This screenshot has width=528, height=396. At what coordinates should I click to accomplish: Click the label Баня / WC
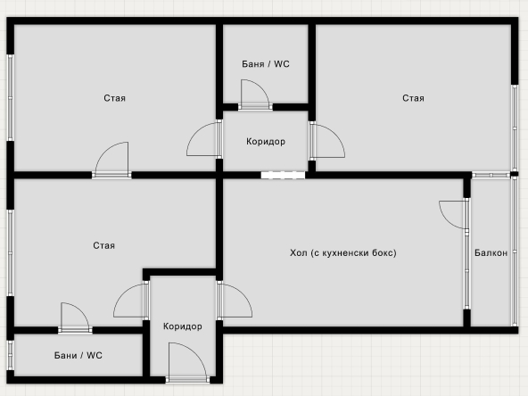coord(266,64)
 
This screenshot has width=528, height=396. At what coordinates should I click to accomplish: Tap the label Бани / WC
coord(78,355)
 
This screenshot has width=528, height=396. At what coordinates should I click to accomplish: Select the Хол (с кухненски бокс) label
coord(343,253)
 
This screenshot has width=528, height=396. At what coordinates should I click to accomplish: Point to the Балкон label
coord(491,252)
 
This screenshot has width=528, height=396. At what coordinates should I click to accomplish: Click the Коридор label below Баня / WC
coord(266,142)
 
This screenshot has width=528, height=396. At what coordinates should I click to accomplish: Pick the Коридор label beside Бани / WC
coord(183,326)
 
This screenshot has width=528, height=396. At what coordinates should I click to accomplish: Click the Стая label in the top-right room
coord(413,98)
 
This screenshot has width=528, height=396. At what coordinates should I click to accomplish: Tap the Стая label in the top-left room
coord(114,98)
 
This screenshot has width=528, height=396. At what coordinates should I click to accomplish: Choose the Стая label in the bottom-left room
coord(103,245)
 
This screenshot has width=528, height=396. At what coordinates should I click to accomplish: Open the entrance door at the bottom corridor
coord(187,362)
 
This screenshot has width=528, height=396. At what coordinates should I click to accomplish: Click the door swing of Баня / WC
coord(255,95)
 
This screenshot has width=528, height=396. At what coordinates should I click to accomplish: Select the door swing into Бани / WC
coord(75,318)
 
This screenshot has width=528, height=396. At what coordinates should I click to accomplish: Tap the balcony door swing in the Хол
coord(454,215)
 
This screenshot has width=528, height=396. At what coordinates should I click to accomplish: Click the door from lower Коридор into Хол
coord(235,301)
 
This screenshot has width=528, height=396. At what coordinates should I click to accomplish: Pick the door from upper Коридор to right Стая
coord(327,141)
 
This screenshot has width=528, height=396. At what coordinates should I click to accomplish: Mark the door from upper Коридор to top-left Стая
coord(204,139)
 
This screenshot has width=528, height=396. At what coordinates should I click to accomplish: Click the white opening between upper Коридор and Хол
coord(283,175)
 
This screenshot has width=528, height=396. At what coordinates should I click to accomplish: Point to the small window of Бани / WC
coord(11,355)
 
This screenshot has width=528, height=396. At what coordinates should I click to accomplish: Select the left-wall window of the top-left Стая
coord(11,97)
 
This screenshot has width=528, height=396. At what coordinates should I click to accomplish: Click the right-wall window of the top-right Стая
coord(515,128)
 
